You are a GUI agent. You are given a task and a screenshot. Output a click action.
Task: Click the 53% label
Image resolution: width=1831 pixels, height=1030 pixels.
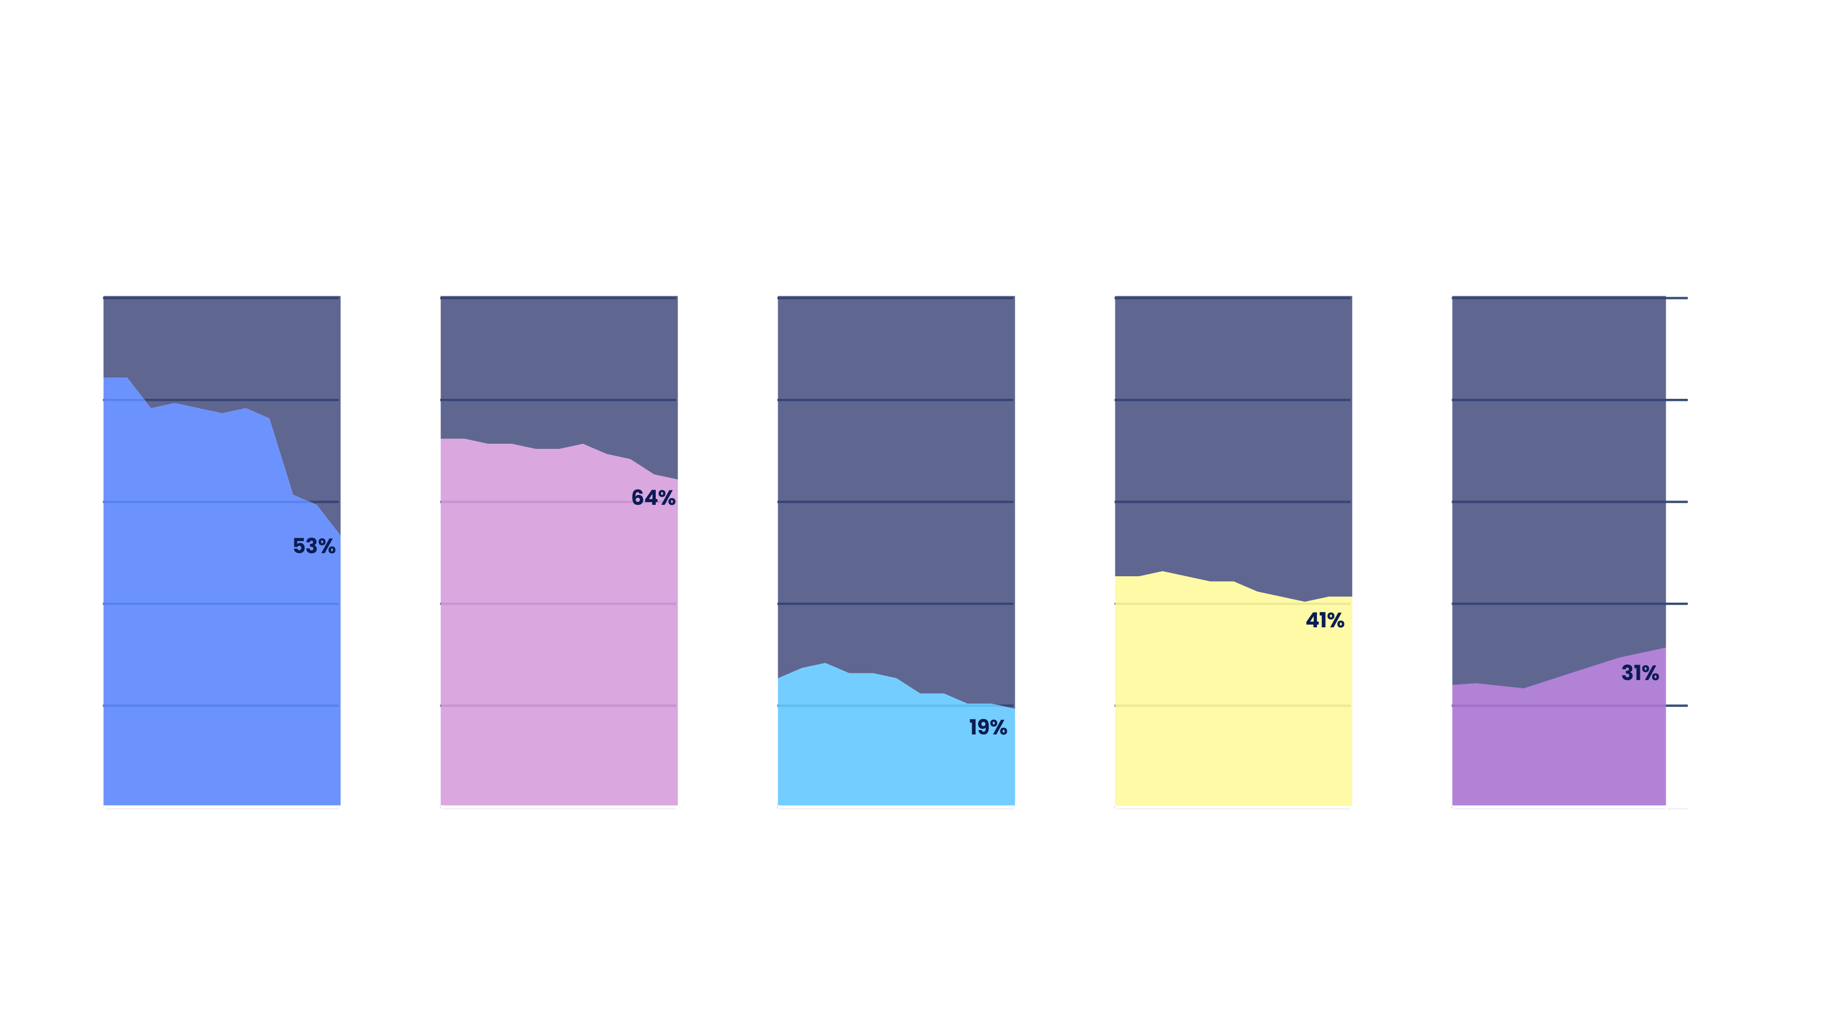tap(314, 546)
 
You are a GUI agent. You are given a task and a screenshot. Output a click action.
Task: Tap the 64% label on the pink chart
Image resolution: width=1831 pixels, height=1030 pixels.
tap(653, 498)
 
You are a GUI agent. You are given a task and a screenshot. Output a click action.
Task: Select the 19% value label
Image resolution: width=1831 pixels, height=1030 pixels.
tap(988, 727)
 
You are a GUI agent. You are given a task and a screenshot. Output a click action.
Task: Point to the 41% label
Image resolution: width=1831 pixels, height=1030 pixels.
tap(1325, 621)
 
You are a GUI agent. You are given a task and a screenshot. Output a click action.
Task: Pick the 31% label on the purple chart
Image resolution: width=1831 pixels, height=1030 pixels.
tap(1640, 673)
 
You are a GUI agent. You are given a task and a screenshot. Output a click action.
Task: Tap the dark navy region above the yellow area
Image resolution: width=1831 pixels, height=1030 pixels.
tap(1233, 426)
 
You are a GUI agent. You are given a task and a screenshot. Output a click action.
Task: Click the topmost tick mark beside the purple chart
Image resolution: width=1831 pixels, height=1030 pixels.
tap(1677, 298)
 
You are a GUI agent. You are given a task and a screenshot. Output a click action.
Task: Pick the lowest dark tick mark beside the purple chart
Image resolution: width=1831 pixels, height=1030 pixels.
tap(1677, 706)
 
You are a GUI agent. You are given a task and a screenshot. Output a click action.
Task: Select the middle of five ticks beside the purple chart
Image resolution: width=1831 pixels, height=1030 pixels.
tap(1677, 502)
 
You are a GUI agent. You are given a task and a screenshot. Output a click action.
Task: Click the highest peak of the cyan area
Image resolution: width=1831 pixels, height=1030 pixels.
tap(825, 664)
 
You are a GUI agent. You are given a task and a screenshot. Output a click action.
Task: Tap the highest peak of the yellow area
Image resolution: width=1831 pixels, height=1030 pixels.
tap(1163, 572)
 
